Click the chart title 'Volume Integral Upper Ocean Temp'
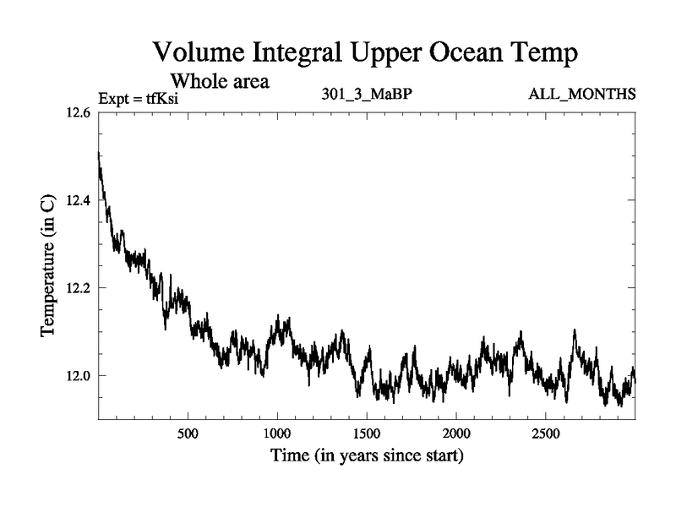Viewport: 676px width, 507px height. (x=366, y=53)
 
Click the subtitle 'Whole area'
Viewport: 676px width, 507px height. (x=220, y=81)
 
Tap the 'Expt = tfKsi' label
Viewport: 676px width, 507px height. (x=139, y=99)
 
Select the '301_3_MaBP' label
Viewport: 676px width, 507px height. (x=366, y=93)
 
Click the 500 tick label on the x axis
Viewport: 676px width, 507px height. (x=188, y=434)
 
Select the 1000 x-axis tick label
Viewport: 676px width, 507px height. (x=277, y=434)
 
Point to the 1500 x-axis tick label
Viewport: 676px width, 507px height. (x=367, y=434)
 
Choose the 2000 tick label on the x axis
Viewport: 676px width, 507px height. (x=456, y=434)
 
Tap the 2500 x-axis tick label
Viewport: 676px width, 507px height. (x=546, y=434)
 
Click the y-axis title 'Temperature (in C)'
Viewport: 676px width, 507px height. (x=48, y=266)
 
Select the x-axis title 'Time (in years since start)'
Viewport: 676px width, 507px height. (x=367, y=457)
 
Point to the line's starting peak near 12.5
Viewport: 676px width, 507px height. (x=100, y=155)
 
